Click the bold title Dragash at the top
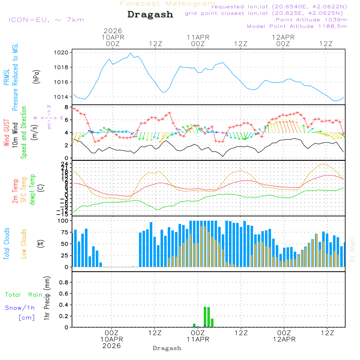tap(150, 15)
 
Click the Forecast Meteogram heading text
tap(168, 4)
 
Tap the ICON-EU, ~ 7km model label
tap(46, 20)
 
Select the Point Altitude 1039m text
tap(311, 20)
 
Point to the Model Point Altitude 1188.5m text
tap(297, 26)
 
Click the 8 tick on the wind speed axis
tap(66, 107)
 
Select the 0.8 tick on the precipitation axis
tap(64, 283)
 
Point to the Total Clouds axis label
tap(7, 244)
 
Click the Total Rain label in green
tap(23, 295)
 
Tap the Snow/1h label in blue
tap(20, 308)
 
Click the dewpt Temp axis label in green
tap(32, 190)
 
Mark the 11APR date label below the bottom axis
tap(198, 339)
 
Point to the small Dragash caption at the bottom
tap(167, 348)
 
